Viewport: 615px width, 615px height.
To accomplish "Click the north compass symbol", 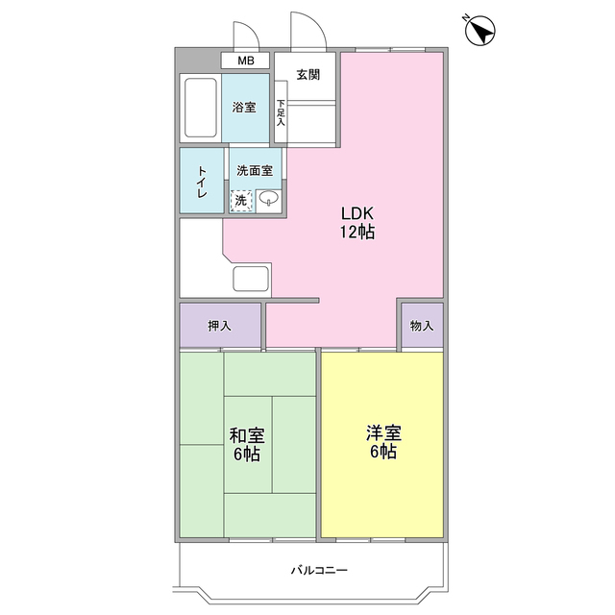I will pos(479,32).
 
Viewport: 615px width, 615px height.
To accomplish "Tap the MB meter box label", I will pos(247,61).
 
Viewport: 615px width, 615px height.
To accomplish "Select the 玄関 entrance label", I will pos(307,75).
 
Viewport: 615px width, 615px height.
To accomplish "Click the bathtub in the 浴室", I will pos(201,108).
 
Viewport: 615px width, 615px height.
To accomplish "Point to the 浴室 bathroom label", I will pos(244,108).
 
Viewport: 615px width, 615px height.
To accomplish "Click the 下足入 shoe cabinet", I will pos(281,113).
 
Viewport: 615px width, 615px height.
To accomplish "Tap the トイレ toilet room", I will pos(203,182).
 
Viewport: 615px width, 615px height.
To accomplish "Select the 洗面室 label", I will pos(255,170).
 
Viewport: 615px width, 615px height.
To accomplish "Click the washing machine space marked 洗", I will pos(241,200).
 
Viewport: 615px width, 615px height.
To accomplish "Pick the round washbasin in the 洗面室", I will pos(270,199).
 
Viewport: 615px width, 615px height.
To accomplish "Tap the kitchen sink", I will pos(253,281).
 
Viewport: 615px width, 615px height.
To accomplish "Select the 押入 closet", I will pos(220,326).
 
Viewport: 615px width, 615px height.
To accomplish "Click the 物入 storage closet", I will pos(422,326).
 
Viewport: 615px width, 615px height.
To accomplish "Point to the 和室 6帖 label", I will pos(248,444).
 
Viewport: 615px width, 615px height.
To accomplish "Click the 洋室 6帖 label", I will pos(381,443).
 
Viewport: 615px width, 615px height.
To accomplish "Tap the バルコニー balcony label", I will pos(319,570).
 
